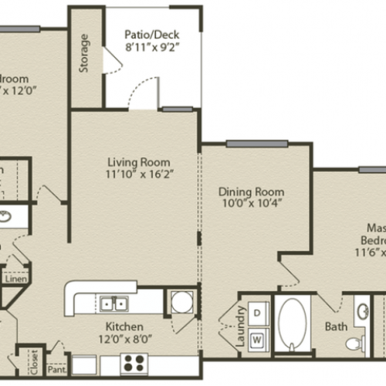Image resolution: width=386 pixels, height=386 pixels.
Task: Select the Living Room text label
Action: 139,163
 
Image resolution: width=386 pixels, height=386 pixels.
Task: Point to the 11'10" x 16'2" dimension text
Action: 139,175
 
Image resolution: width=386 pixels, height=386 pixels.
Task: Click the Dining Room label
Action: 252,191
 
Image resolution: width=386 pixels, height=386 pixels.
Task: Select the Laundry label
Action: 242,325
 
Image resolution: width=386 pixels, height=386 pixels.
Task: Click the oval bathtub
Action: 293,324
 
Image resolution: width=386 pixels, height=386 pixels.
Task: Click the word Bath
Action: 335,327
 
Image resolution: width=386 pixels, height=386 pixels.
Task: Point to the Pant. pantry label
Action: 56,370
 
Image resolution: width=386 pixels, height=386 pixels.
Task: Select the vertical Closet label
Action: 34,360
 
